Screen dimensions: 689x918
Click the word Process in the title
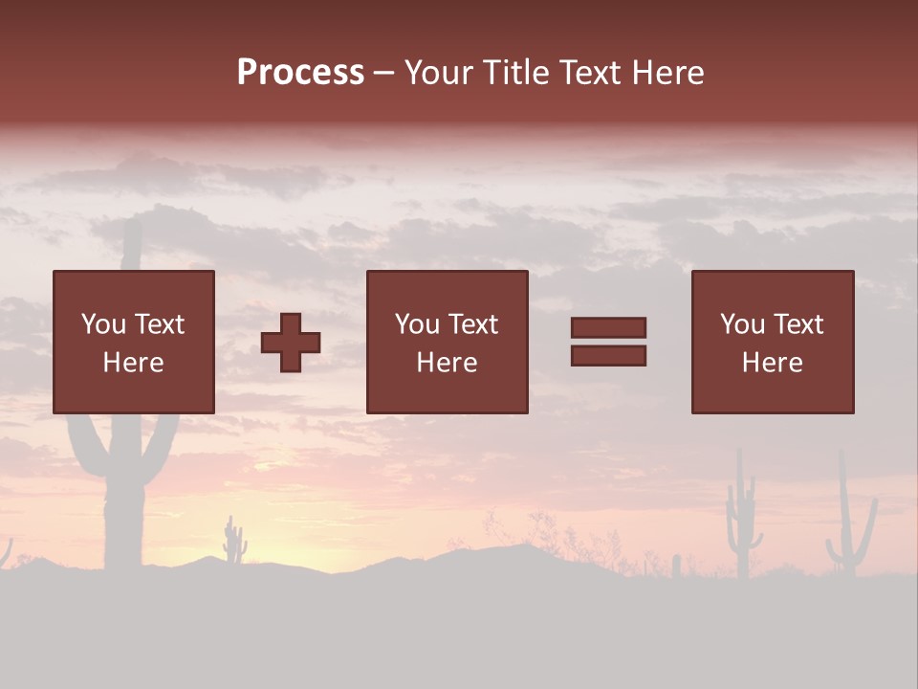(300, 73)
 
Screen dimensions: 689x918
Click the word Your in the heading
(441, 73)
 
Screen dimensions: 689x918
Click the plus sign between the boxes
(291, 343)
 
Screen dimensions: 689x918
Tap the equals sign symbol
(608, 342)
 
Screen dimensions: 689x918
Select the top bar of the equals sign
(608, 328)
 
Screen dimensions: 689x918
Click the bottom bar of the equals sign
(608, 355)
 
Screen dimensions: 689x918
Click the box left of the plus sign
(134, 342)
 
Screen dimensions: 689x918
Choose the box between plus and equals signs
(448, 342)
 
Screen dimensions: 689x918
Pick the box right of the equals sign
(773, 342)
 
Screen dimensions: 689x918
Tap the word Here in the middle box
(448, 362)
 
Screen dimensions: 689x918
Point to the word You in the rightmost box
(742, 324)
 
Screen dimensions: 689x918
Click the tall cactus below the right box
(742, 517)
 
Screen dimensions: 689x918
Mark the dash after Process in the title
(384, 74)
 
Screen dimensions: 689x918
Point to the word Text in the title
(583, 73)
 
